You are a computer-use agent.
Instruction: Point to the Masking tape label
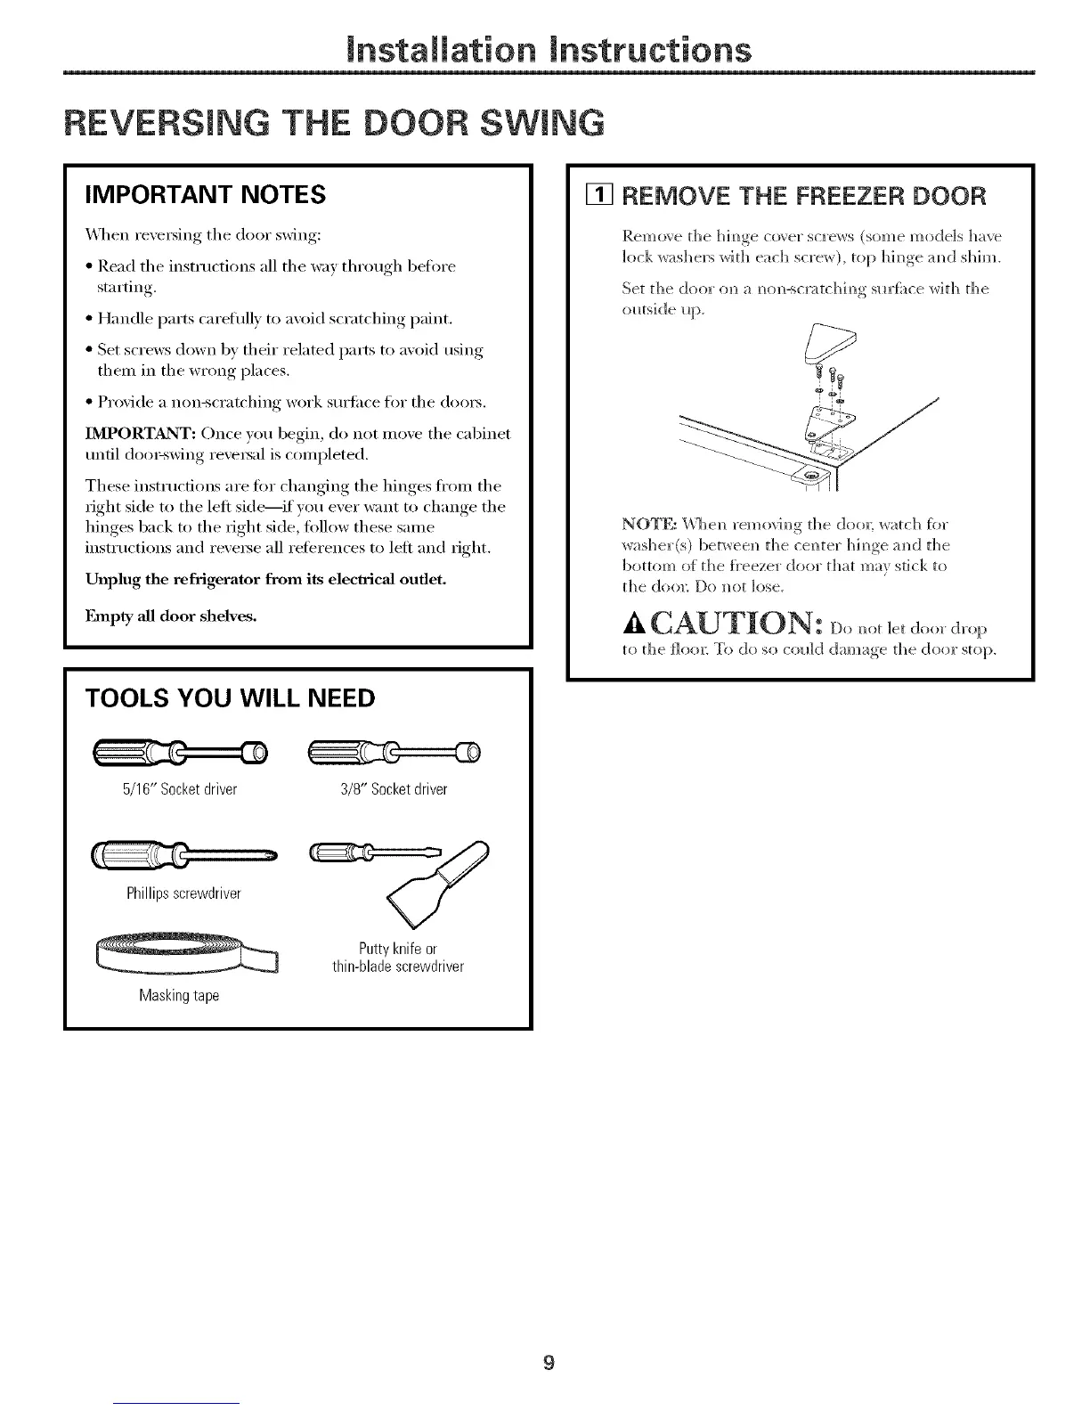tap(179, 995)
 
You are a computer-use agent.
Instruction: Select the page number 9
tap(549, 1337)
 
